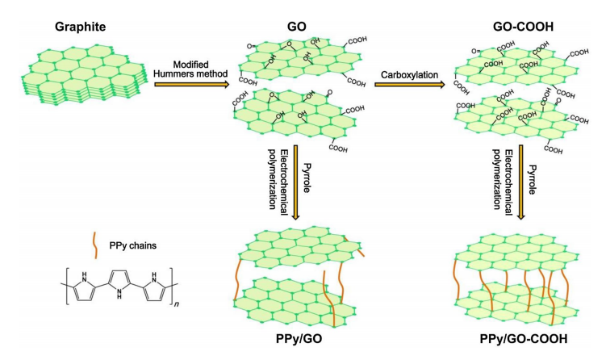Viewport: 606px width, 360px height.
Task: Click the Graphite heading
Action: (x=81, y=27)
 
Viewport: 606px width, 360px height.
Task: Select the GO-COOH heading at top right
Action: (x=524, y=27)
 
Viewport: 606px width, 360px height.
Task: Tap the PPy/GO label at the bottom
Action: (x=299, y=339)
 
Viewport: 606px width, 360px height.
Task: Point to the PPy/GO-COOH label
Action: (x=524, y=339)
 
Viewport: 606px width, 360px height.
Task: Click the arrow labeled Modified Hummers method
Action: (x=192, y=84)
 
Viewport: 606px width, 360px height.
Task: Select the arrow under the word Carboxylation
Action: (x=410, y=84)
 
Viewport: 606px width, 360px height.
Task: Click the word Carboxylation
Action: (x=410, y=74)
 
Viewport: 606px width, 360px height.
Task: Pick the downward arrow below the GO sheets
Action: (x=295, y=182)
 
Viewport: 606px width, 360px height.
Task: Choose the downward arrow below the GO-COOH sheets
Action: (x=521, y=182)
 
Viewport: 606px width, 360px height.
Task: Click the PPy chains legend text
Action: (x=133, y=245)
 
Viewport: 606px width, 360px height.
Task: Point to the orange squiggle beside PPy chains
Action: (x=94, y=245)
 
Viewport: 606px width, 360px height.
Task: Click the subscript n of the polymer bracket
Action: (x=177, y=304)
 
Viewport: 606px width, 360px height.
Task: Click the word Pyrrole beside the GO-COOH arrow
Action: (x=533, y=179)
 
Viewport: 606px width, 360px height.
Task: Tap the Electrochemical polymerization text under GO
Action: (x=278, y=179)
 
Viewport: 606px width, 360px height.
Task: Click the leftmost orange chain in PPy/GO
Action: (x=237, y=279)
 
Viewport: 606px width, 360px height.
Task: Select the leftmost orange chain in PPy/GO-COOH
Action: (x=457, y=279)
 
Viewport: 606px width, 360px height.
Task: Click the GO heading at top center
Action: (x=296, y=27)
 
